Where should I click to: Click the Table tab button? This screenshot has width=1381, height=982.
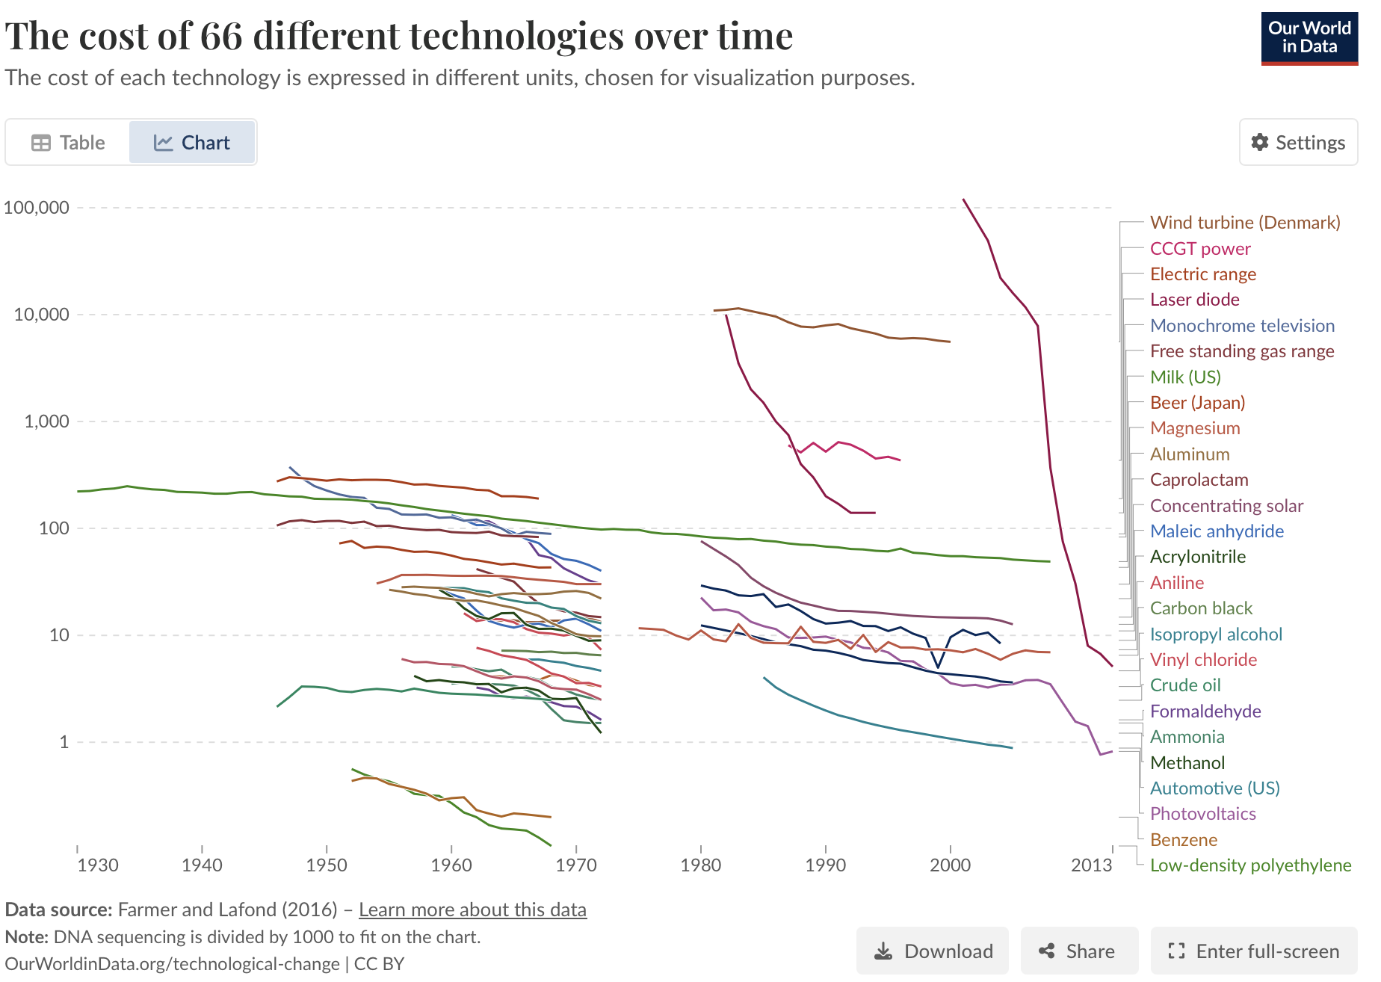click(x=68, y=142)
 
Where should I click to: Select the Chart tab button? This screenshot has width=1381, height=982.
click(x=192, y=142)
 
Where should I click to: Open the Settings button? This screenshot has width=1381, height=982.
click(x=1298, y=142)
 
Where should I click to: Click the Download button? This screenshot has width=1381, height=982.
click(x=933, y=951)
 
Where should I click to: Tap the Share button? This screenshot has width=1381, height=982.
click(x=1079, y=951)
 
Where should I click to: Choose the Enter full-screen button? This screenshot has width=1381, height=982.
click(x=1254, y=951)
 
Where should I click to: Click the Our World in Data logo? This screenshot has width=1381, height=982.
click(x=1309, y=38)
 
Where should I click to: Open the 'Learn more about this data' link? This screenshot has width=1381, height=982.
click(x=472, y=910)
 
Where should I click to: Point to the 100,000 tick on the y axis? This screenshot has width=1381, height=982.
click(x=37, y=207)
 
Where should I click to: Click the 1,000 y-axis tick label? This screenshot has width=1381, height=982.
click(x=46, y=421)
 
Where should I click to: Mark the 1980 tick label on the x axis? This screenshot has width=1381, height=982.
click(x=700, y=865)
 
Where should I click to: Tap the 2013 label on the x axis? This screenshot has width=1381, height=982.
click(x=1091, y=865)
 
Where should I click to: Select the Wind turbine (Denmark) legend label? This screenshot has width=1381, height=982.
click(x=1245, y=223)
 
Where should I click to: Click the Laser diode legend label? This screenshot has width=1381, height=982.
click(x=1194, y=300)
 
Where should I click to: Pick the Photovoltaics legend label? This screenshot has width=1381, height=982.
click(x=1202, y=814)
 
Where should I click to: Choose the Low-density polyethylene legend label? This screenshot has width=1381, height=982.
click(x=1250, y=865)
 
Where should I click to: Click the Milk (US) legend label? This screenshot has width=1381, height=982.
click(x=1185, y=377)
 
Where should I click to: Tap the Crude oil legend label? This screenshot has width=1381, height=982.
click(x=1185, y=685)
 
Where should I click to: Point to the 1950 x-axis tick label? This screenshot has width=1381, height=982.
click(x=327, y=865)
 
